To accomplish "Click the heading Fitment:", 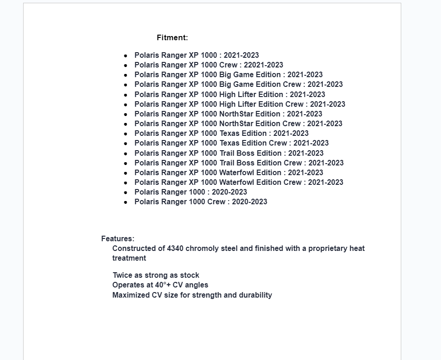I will point(172,38).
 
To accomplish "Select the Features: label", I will point(118,239).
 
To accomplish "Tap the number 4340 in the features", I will point(175,249).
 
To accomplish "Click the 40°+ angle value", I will point(163,285).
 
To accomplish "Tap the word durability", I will point(255,295).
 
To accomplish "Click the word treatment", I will point(129,258).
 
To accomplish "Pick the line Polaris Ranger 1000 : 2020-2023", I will point(190,192).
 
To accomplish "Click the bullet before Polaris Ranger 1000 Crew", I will point(126,202).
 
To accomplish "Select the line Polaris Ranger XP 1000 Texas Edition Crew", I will point(231,143).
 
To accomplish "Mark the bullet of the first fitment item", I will point(126,56).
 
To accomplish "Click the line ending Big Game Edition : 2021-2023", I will point(228,75).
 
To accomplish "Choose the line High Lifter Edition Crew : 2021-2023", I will point(239,104).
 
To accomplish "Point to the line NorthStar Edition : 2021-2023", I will point(228,114).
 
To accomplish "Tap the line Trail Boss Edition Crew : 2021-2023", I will point(239,163).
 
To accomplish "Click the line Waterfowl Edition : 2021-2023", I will point(229,173).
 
